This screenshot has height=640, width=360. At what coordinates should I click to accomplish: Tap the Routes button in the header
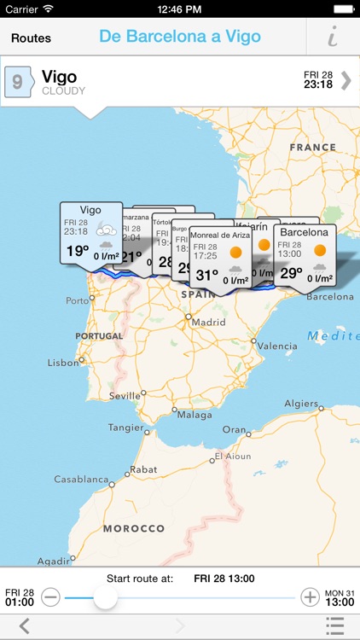pyautogui.click(x=32, y=38)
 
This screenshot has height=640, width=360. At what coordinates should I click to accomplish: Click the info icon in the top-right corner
pyautogui.click(x=332, y=38)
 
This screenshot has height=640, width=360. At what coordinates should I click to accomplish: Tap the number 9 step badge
pyautogui.click(x=18, y=82)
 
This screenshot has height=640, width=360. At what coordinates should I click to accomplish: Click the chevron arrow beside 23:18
pyautogui.click(x=345, y=80)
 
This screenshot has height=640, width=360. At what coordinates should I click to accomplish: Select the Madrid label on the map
pyautogui.click(x=208, y=323)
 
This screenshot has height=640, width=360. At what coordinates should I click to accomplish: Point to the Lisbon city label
pyautogui.click(x=63, y=362)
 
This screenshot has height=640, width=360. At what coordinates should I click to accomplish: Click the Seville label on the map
pyautogui.click(x=125, y=396)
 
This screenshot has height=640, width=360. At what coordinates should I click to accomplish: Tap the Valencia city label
pyautogui.click(x=277, y=346)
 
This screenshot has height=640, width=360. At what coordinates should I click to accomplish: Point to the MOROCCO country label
pyautogui.click(x=133, y=528)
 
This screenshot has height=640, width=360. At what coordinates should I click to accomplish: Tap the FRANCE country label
pyautogui.click(x=313, y=147)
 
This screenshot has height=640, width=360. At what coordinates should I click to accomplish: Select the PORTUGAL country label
pyautogui.click(x=100, y=336)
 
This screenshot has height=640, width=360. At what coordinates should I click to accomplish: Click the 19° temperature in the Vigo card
pyautogui.click(x=78, y=251)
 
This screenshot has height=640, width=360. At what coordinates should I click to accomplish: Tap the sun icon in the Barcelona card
pyautogui.click(x=320, y=251)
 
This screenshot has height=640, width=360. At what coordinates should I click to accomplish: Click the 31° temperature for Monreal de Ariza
pyautogui.click(x=207, y=275)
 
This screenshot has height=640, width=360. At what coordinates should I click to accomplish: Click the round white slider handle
pyautogui.click(x=105, y=597)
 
